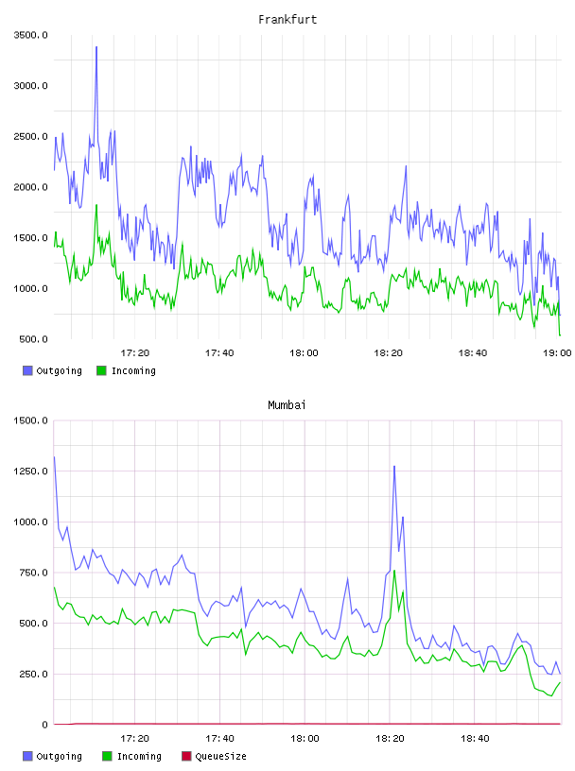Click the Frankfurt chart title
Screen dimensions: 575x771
tap(287, 20)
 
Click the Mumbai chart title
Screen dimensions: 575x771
tap(287, 405)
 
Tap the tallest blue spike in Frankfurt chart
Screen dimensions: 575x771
tap(96, 47)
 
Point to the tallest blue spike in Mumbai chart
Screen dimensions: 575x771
tap(394, 467)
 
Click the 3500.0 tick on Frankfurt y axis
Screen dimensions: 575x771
tap(31, 35)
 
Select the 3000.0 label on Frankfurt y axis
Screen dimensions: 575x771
tap(31, 86)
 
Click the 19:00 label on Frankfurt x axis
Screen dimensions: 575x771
tap(557, 353)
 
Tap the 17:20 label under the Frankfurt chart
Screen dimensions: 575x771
tap(135, 353)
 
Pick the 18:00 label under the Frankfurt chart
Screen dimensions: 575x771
tap(304, 353)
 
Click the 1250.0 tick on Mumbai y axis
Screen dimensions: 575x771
tap(31, 471)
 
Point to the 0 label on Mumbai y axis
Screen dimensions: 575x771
tap(44, 725)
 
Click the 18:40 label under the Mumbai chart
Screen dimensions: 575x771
tap(475, 739)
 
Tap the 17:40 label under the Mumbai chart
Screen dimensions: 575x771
tap(219, 739)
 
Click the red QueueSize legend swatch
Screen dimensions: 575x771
tap(186, 756)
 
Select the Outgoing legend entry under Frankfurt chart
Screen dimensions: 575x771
tap(53, 370)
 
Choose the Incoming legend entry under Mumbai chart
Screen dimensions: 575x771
tap(132, 756)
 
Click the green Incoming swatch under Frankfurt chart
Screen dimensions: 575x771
tap(101, 370)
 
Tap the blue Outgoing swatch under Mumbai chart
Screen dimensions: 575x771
tap(27, 756)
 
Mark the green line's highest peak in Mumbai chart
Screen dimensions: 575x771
tap(394, 571)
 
